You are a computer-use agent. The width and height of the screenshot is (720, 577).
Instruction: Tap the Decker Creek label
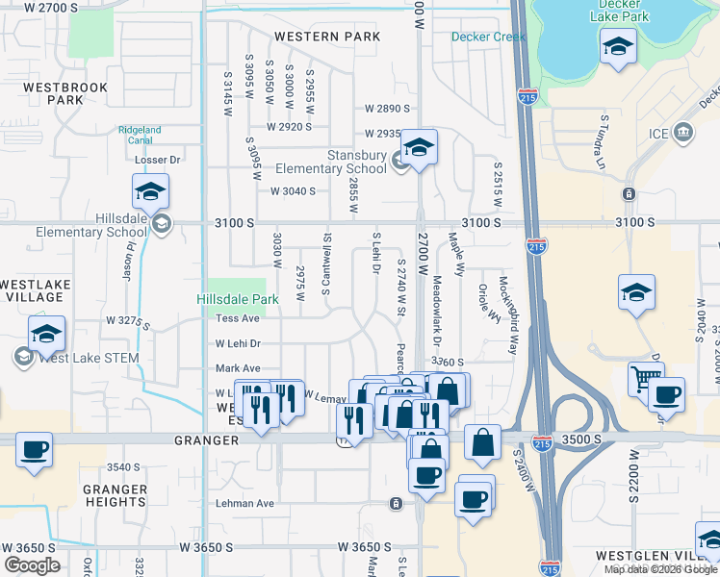click(489, 38)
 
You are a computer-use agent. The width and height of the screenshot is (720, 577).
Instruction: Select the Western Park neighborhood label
click(327, 37)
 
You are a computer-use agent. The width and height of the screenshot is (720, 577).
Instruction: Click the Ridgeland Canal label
click(140, 135)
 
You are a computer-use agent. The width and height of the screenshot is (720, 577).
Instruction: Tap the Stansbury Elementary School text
click(344, 162)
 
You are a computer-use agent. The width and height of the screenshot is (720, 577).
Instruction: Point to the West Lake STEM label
click(90, 358)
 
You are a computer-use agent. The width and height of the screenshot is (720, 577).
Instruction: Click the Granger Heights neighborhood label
click(115, 495)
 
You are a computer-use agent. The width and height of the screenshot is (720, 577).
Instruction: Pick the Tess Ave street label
click(238, 318)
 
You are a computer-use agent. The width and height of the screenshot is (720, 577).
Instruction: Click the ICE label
click(657, 133)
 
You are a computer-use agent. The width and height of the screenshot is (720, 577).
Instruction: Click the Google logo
click(32, 565)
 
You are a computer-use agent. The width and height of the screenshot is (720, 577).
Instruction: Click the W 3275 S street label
click(128, 320)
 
